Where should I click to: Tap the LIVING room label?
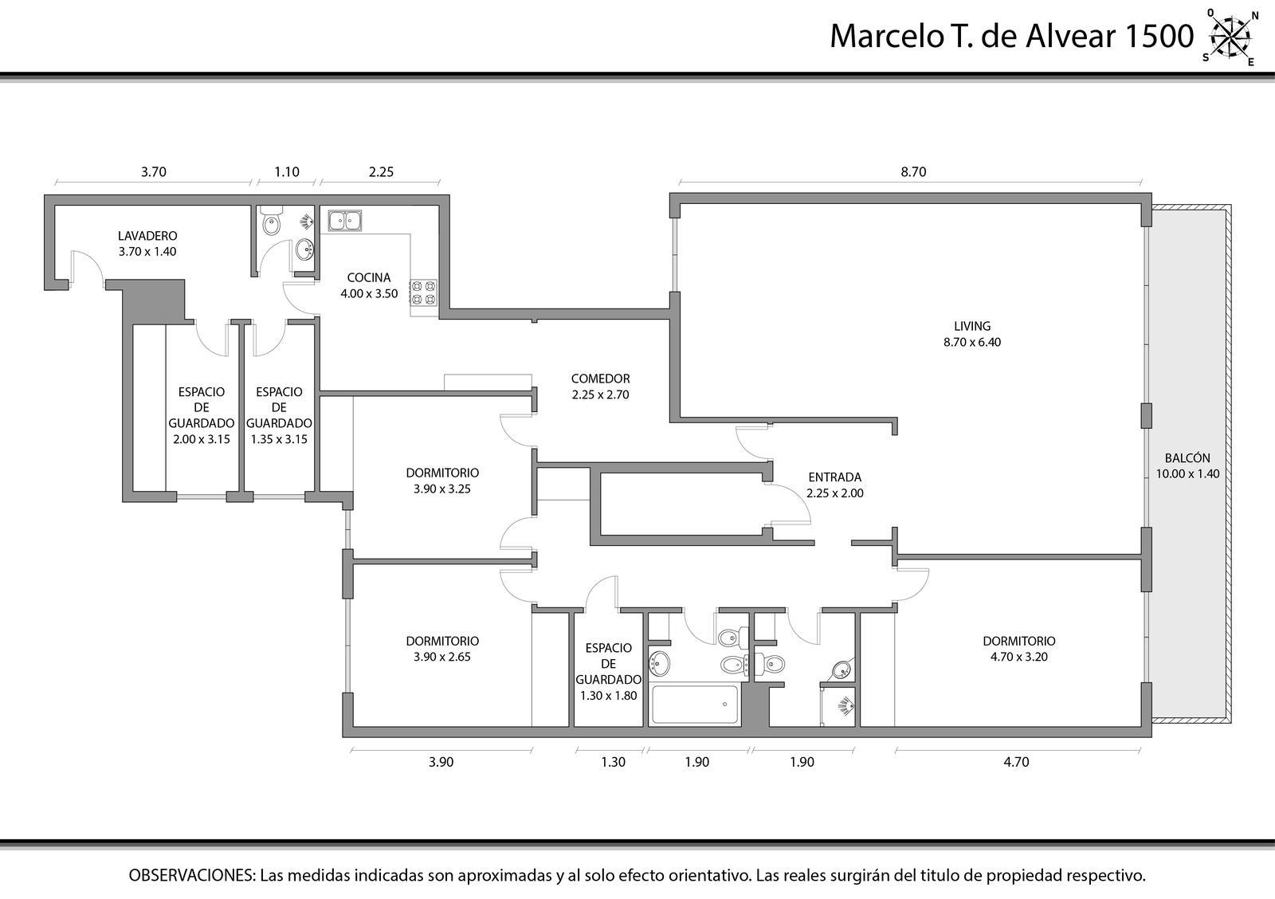[x=972, y=326]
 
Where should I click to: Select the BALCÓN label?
[x=1187, y=457]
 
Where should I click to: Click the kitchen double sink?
[x=344, y=220]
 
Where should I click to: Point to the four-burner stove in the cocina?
[x=423, y=292]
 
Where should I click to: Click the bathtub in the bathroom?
[x=695, y=705]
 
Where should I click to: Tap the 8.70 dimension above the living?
[x=913, y=172]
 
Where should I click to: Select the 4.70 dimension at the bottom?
[x=1016, y=762]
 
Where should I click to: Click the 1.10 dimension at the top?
[x=287, y=172]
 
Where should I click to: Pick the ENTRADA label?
[x=835, y=477]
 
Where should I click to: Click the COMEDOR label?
[x=601, y=379]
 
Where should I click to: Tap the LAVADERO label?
[x=147, y=236]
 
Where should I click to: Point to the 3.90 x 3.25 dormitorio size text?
[x=442, y=489]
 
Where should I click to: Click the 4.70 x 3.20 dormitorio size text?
[x=1019, y=657]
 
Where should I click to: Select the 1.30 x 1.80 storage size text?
[x=609, y=695]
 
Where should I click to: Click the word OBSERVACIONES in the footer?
[x=192, y=876]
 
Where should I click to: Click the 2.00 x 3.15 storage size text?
[x=202, y=439]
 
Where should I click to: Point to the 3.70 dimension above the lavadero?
[x=154, y=172]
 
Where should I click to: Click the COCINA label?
[x=369, y=278]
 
